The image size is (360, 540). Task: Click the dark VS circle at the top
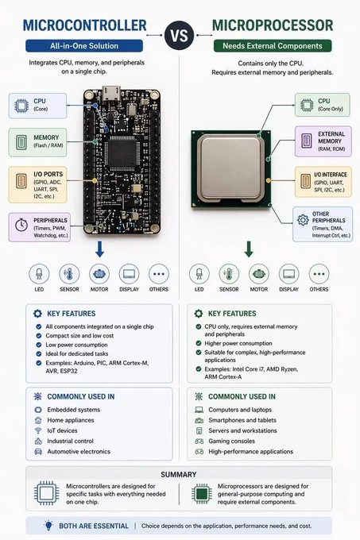click(179, 35)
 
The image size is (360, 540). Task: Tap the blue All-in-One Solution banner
click(84, 46)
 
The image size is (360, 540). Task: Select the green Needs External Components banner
click(272, 46)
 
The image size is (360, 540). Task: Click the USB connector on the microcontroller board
click(111, 93)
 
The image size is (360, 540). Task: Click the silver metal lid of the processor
click(230, 168)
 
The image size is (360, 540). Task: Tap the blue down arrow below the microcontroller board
click(99, 249)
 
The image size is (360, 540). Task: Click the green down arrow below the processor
click(249, 249)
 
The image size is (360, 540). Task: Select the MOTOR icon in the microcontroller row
click(99, 274)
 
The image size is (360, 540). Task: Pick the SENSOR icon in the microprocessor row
click(229, 274)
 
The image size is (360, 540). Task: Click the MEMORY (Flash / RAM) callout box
click(37, 142)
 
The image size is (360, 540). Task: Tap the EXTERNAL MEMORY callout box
click(323, 141)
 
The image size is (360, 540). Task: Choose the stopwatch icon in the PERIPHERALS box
click(21, 225)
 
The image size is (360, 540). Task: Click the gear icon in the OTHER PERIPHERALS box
click(303, 220)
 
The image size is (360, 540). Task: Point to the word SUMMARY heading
click(179, 474)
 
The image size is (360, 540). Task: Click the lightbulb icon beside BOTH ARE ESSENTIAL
click(48, 525)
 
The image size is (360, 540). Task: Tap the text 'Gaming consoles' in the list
click(231, 441)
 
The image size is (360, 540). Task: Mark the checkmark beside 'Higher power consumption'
click(199, 343)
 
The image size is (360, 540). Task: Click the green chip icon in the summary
click(202, 494)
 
